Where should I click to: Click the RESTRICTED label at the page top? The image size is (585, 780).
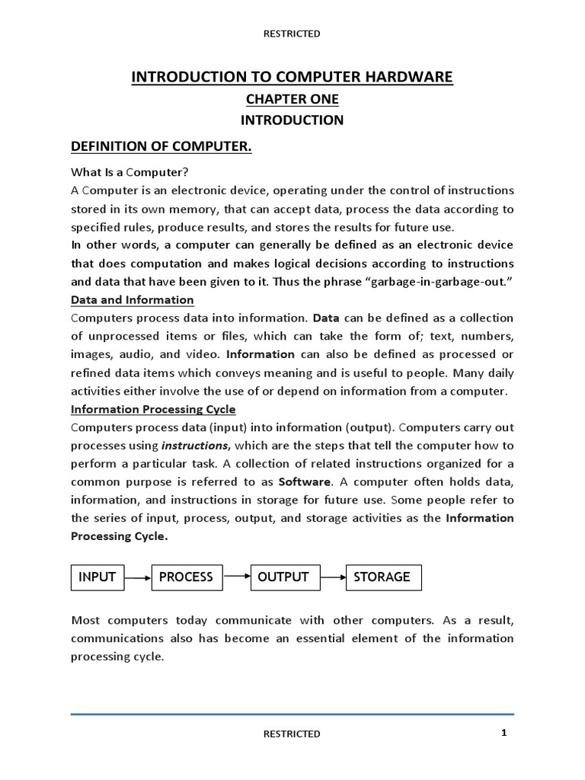pyautogui.click(x=292, y=34)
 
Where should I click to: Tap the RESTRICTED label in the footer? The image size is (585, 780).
pyautogui.click(x=292, y=734)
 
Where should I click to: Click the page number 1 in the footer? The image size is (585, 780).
pyautogui.click(x=504, y=733)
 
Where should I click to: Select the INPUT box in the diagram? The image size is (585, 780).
pyautogui.click(x=97, y=577)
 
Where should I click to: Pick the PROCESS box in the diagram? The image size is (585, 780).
pyautogui.click(x=186, y=577)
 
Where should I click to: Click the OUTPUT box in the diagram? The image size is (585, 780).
pyautogui.click(x=283, y=577)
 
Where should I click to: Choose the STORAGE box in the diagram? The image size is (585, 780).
pyautogui.click(x=383, y=577)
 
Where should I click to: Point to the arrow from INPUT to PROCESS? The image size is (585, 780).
pyautogui.click(x=138, y=578)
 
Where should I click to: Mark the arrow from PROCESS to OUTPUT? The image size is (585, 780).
pyautogui.click(x=237, y=577)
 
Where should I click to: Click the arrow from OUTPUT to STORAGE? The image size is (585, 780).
pyautogui.click(x=333, y=577)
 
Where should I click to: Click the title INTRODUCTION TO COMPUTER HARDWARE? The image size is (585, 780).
pyautogui.click(x=292, y=77)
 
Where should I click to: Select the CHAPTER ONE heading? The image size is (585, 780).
pyautogui.click(x=292, y=99)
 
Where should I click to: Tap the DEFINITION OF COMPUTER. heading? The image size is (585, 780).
pyautogui.click(x=161, y=146)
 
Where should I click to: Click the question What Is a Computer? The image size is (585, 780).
pyautogui.click(x=129, y=171)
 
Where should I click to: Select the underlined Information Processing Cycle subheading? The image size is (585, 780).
pyautogui.click(x=153, y=409)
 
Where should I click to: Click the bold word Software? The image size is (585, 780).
pyautogui.click(x=305, y=482)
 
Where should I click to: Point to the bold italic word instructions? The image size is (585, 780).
pyautogui.click(x=195, y=446)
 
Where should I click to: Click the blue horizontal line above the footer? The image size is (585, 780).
pyautogui.click(x=292, y=714)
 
